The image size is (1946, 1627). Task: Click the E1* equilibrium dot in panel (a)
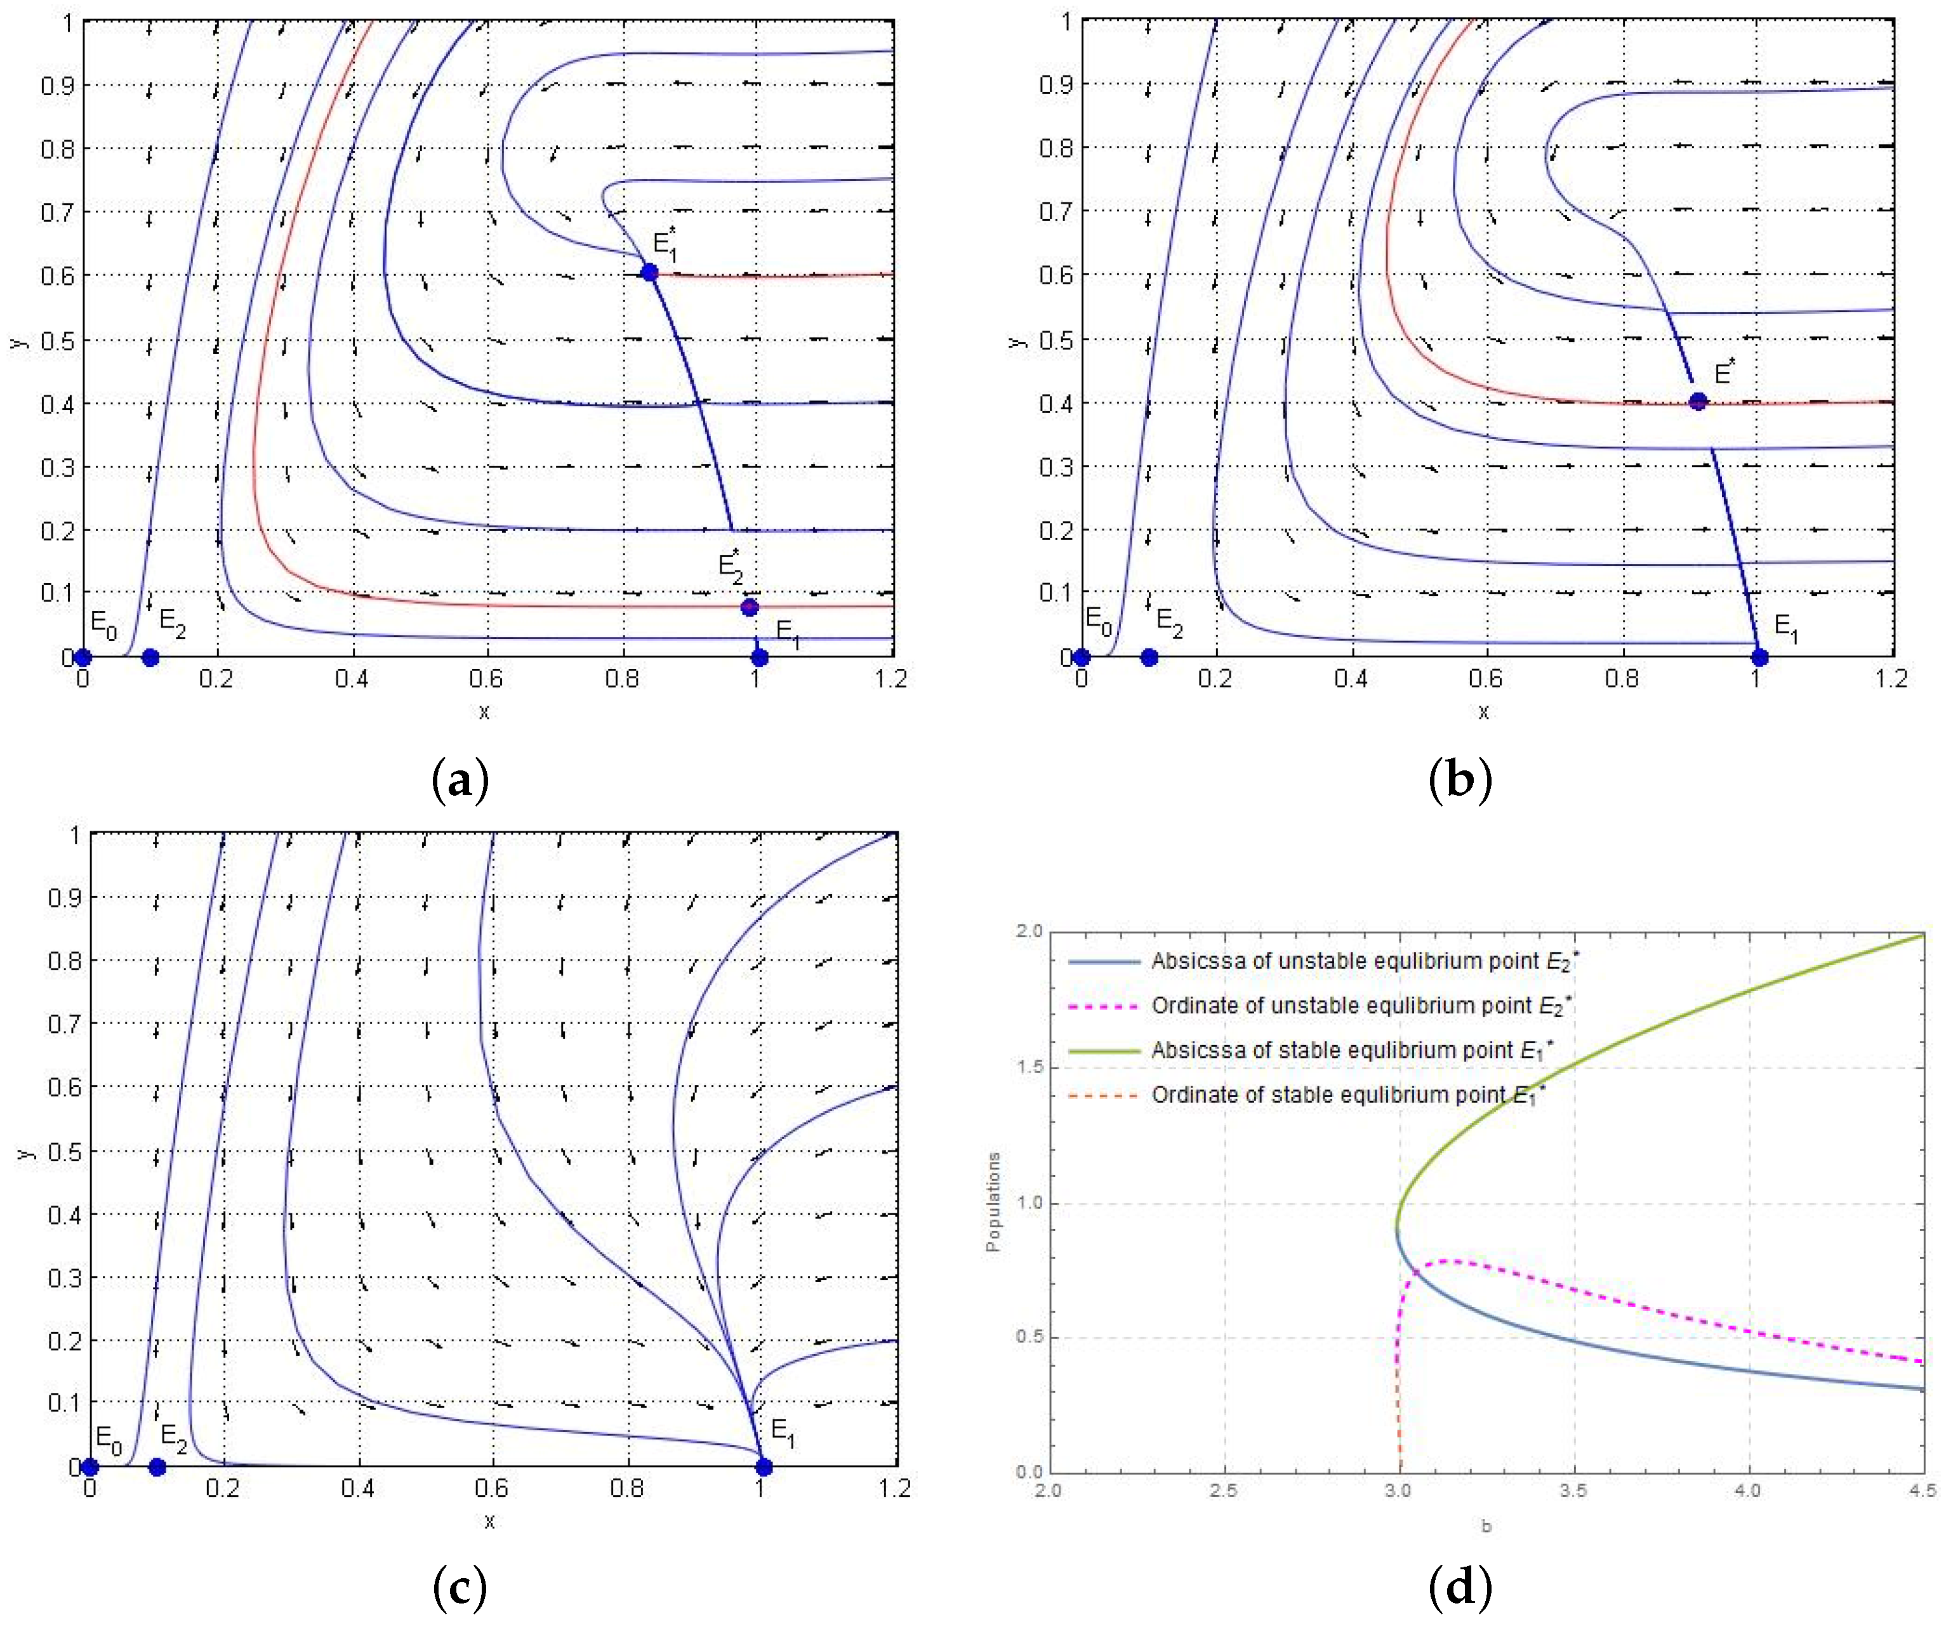tap(649, 272)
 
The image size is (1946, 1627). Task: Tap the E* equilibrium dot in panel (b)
tap(1698, 401)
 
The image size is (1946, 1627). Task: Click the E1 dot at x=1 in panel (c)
tap(764, 1466)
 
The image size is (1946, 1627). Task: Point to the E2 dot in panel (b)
tap(1149, 657)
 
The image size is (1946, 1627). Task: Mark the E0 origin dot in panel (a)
tap(83, 657)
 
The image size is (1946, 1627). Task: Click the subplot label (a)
tap(461, 780)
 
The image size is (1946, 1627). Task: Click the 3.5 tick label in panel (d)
tap(1573, 1491)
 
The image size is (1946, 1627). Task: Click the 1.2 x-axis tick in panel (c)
tap(894, 1488)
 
